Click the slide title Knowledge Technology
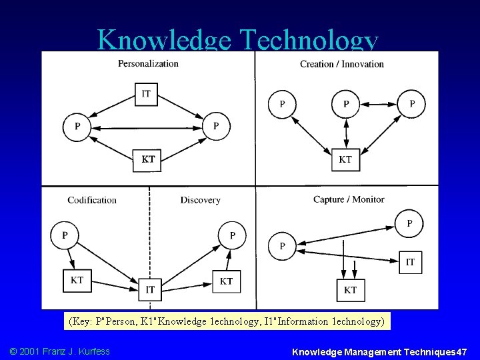(237, 41)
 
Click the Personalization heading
(148, 63)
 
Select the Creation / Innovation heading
(341, 64)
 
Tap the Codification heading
(92, 200)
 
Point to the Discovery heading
(200, 200)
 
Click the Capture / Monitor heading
(349, 199)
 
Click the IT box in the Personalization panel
(146, 93)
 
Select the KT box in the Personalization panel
(147, 159)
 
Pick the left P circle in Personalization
(77, 126)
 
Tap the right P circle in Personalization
(215, 126)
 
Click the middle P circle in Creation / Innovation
(345, 103)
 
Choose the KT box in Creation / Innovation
(345, 159)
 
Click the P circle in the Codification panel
(64, 235)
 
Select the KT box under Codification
(77, 280)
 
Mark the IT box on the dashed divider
(150, 289)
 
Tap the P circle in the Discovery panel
(232, 235)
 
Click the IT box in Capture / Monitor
(409, 262)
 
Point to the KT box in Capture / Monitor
(350, 289)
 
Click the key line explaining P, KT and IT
(227, 321)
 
